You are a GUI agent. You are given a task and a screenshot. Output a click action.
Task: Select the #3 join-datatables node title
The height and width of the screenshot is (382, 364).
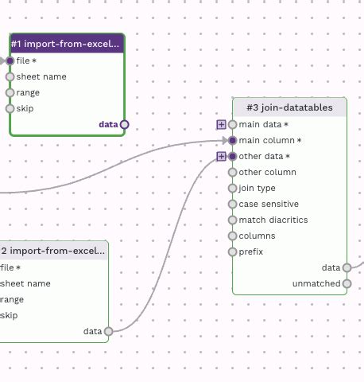point(289,107)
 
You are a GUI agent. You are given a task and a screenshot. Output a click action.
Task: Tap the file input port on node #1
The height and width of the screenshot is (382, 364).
point(10,60)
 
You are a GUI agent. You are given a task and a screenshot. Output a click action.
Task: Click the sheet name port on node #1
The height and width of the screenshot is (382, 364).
point(10,76)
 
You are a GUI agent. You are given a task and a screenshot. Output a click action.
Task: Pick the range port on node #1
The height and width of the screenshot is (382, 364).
point(10,92)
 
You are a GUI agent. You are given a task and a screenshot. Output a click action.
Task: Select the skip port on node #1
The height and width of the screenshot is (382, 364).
point(10,108)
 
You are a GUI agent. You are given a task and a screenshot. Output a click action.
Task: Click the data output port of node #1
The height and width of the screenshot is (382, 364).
point(124,124)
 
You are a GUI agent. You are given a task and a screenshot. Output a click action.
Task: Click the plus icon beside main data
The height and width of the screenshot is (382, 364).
point(221,124)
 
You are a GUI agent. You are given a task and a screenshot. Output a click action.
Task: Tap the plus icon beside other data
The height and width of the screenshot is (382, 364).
point(221,156)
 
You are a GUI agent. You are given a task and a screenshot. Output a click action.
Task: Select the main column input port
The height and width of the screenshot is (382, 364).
point(232,140)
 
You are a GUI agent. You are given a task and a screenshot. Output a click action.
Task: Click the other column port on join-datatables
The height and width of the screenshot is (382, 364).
point(232,172)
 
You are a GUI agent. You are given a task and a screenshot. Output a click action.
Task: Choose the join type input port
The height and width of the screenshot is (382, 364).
point(232,188)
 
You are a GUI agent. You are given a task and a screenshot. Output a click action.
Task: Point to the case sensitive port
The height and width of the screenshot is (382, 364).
point(232,204)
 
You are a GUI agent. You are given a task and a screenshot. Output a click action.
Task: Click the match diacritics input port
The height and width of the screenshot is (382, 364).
point(232,220)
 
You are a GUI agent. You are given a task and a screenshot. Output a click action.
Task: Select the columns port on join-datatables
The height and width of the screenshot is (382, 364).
point(232,236)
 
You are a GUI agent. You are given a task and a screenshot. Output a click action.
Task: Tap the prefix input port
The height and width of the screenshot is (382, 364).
point(232,251)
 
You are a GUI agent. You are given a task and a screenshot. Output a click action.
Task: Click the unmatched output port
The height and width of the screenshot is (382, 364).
point(347,283)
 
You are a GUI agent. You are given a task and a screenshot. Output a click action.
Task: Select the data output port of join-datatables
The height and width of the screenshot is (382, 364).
point(347,267)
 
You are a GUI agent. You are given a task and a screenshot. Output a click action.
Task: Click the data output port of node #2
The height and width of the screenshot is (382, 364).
point(108,331)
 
